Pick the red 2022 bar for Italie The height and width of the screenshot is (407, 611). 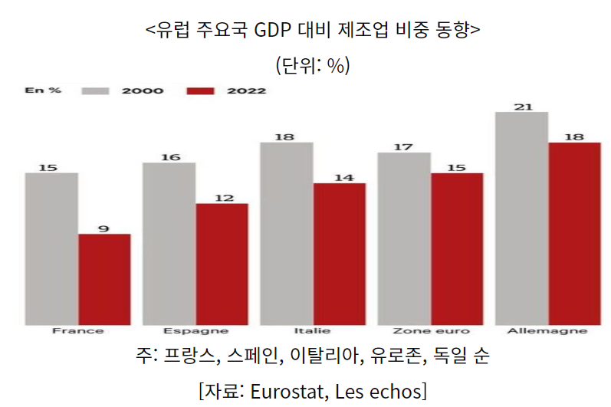pyautogui.click(x=340, y=254)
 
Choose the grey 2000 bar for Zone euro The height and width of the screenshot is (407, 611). pyautogui.click(x=404, y=238)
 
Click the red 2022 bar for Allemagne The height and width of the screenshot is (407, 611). pyautogui.click(x=574, y=233)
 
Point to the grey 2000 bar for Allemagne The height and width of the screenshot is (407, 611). pyautogui.click(x=522, y=218)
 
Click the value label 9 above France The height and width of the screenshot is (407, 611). pyautogui.click(x=104, y=228)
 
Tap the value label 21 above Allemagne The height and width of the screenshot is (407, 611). pyautogui.click(x=523, y=107)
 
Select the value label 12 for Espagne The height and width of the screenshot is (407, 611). pyautogui.click(x=223, y=198)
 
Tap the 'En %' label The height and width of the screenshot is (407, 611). pyautogui.click(x=43, y=90)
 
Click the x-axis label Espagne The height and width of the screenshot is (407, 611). pyautogui.click(x=195, y=331)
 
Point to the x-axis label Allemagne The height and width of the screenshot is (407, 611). pyautogui.click(x=547, y=331)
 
